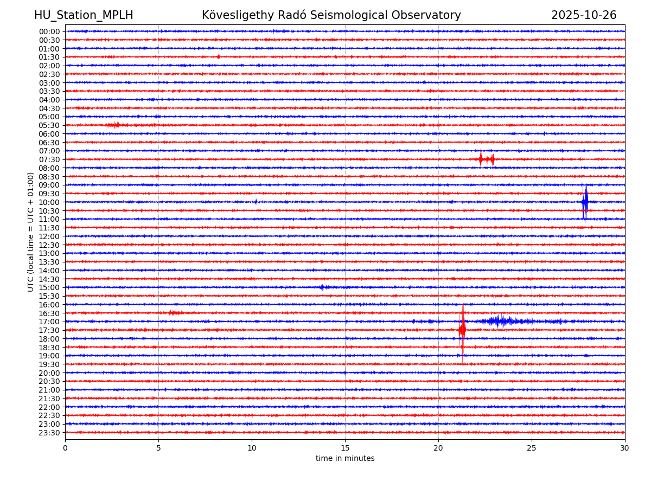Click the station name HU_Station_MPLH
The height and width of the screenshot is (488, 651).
(84, 15)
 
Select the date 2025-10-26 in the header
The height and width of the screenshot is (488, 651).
(584, 15)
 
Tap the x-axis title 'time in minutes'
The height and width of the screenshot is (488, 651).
(345, 459)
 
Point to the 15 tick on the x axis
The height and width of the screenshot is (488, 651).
(345, 448)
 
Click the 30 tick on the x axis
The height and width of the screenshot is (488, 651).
(625, 448)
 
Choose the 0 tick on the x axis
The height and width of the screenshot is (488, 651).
(65, 448)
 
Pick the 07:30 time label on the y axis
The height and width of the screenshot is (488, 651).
(49, 159)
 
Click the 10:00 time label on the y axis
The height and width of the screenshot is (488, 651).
(49, 202)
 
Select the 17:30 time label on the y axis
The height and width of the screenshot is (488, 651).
(49, 330)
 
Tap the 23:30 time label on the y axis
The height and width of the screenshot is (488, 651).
(49, 433)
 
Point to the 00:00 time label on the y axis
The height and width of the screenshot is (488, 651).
(49, 31)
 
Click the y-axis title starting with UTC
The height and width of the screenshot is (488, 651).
(31, 232)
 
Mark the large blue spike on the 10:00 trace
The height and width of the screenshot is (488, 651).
(585, 202)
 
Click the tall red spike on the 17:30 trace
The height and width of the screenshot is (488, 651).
(462, 330)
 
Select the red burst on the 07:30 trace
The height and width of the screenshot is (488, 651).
(486, 159)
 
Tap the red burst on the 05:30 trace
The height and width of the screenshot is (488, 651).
(116, 125)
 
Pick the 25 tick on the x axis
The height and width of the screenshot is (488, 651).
(532, 448)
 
